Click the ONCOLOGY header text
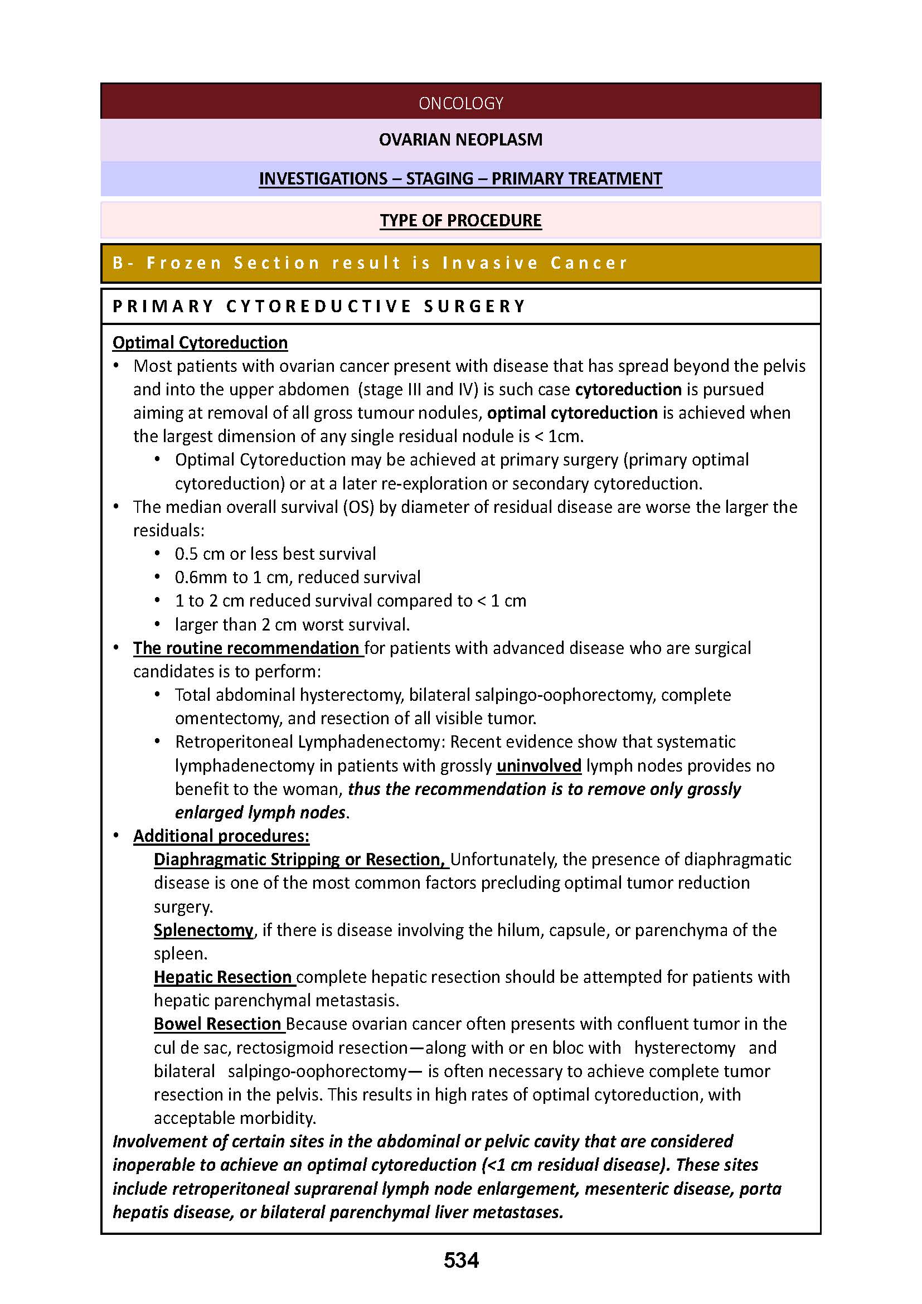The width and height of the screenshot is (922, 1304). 460,103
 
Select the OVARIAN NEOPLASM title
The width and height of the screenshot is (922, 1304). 460,139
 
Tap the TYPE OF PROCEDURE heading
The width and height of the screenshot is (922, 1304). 460,220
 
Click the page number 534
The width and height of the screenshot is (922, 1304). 461,1261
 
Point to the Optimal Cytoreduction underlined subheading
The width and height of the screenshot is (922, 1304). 200,342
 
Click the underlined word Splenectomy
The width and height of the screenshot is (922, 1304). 203,930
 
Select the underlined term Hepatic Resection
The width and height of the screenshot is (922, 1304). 222,977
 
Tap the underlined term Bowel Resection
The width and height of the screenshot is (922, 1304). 217,1024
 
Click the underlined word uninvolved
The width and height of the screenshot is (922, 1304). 539,765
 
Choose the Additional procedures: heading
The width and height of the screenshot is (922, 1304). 221,836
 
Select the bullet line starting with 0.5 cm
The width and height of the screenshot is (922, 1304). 275,554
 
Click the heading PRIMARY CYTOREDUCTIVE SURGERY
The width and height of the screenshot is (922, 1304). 319,306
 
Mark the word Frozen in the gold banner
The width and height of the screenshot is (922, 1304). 184,263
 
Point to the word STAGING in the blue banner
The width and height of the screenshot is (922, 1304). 439,178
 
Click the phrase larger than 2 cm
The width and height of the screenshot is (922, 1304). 236,624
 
